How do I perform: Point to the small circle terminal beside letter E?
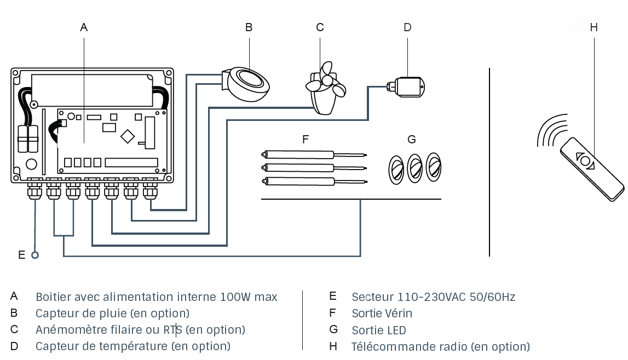click(36, 255)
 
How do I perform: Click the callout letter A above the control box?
click(84, 27)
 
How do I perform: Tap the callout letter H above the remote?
click(594, 27)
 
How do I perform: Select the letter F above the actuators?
click(306, 140)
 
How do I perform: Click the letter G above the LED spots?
click(412, 140)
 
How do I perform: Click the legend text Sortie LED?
click(379, 330)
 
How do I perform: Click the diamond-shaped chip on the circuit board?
click(128, 136)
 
